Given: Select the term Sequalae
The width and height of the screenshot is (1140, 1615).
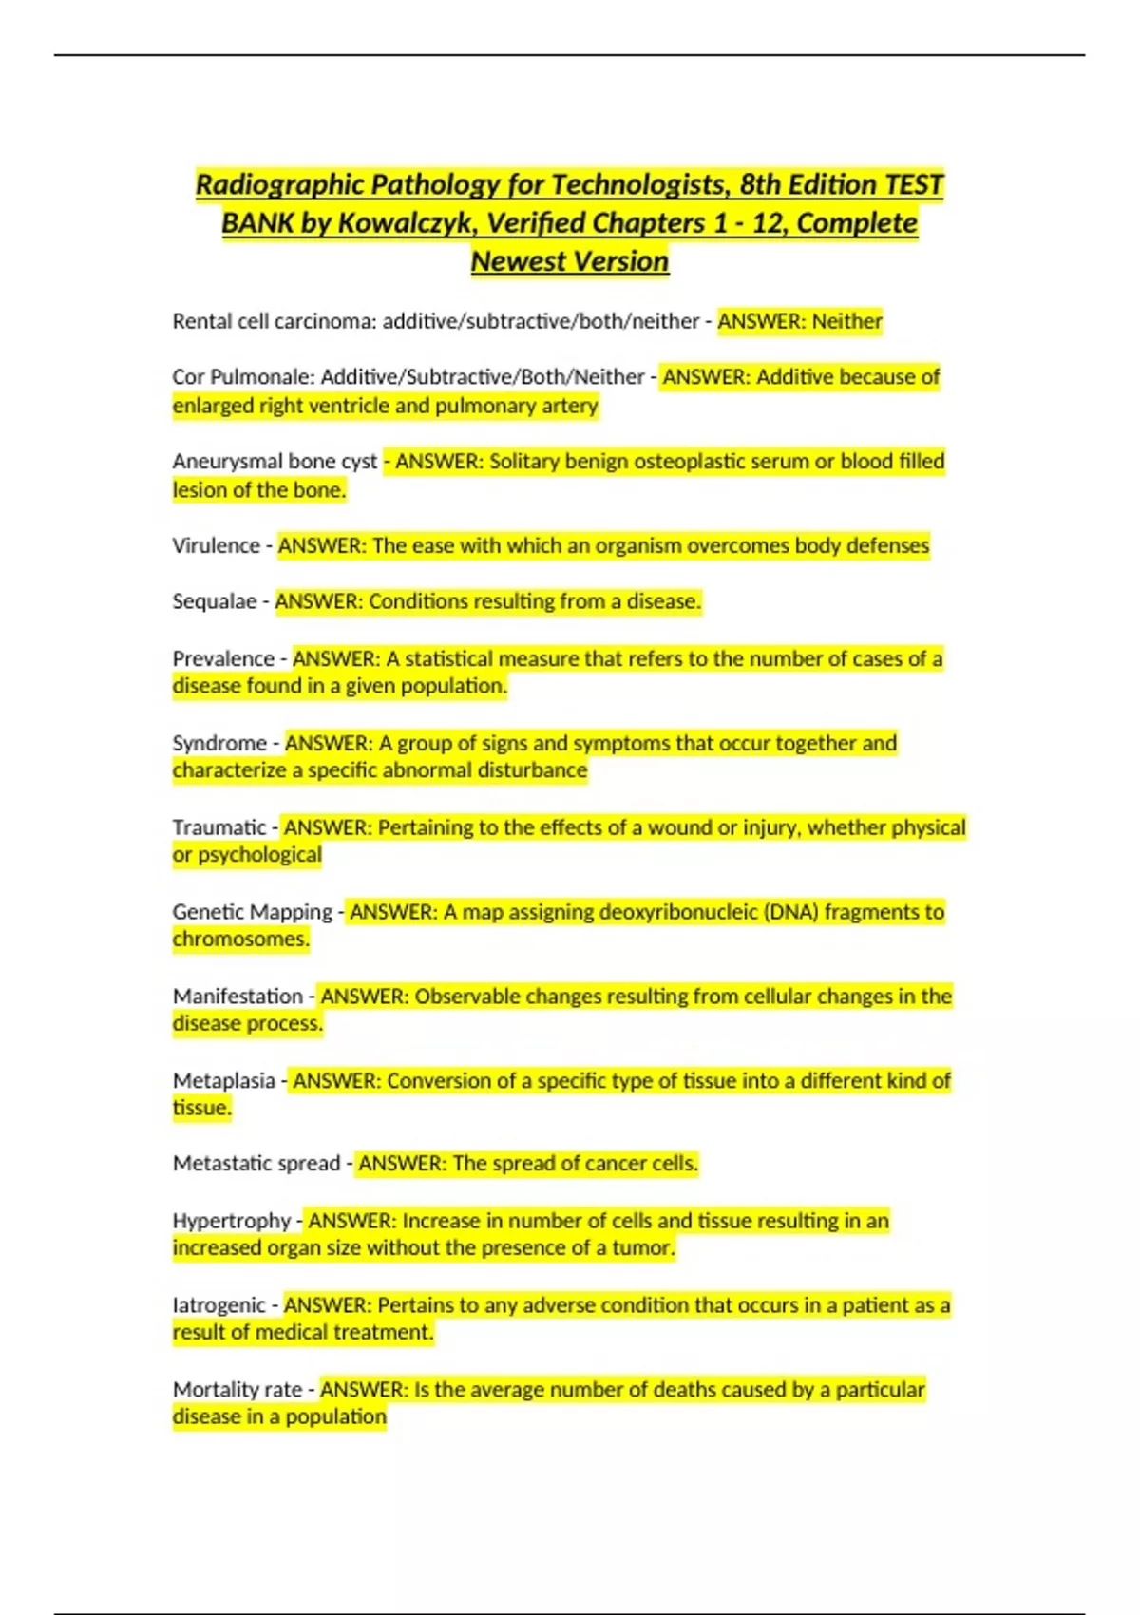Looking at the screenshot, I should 215,601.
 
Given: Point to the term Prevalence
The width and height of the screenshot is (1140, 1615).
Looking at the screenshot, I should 223,658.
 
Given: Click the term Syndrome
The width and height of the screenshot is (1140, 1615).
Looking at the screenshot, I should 219,743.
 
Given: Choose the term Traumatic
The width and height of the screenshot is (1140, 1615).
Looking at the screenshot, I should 219,827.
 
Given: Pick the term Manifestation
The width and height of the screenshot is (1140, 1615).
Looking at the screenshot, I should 237,996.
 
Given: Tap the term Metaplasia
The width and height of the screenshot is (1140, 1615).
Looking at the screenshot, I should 223,1080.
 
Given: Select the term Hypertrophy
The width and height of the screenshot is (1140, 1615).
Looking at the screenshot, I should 232,1220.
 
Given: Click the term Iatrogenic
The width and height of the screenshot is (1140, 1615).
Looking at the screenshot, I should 219,1305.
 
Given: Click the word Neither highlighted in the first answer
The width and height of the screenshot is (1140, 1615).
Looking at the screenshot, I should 846,321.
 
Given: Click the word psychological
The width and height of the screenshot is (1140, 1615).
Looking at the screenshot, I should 259,855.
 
